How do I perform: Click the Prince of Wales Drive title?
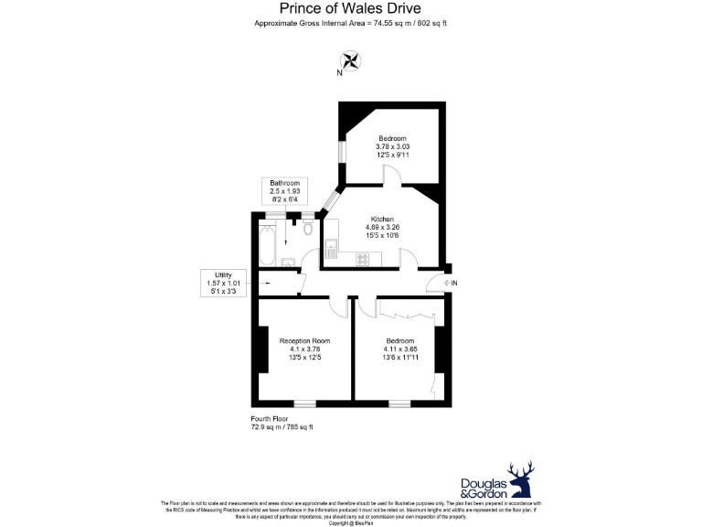(x=350, y=8)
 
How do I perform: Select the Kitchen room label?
(x=381, y=220)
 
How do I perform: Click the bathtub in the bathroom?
(x=266, y=243)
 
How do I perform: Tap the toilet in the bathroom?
(x=308, y=230)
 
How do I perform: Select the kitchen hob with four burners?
(x=362, y=258)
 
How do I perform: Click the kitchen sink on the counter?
(x=332, y=248)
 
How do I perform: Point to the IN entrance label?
(x=454, y=284)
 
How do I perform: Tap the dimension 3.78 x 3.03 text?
(x=392, y=145)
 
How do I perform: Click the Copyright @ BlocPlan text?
(x=350, y=522)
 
